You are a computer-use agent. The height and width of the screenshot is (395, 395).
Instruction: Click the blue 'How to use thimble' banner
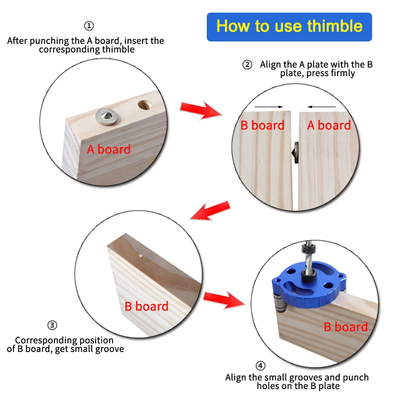click(x=289, y=27)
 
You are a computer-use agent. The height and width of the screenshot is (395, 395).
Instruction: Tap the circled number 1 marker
click(x=89, y=26)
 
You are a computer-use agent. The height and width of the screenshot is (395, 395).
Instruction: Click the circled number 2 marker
click(x=247, y=65)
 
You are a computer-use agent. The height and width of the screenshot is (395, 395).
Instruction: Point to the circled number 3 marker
click(x=52, y=326)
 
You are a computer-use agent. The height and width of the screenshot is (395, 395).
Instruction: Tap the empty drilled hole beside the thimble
click(x=144, y=106)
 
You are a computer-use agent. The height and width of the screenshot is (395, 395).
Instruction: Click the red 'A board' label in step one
click(x=109, y=150)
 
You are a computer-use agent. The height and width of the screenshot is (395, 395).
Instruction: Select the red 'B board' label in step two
click(x=262, y=125)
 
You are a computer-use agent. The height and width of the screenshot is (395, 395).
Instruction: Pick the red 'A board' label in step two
click(x=329, y=125)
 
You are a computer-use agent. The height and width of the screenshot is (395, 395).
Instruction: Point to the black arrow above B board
click(x=269, y=107)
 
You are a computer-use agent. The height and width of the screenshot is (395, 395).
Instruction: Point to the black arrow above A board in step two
click(x=322, y=107)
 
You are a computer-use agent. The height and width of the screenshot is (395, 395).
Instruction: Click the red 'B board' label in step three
click(x=146, y=307)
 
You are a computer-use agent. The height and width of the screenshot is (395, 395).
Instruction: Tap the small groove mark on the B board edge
click(x=140, y=255)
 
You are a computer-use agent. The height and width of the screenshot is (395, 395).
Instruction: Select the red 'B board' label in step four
click(x=346, y=327)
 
